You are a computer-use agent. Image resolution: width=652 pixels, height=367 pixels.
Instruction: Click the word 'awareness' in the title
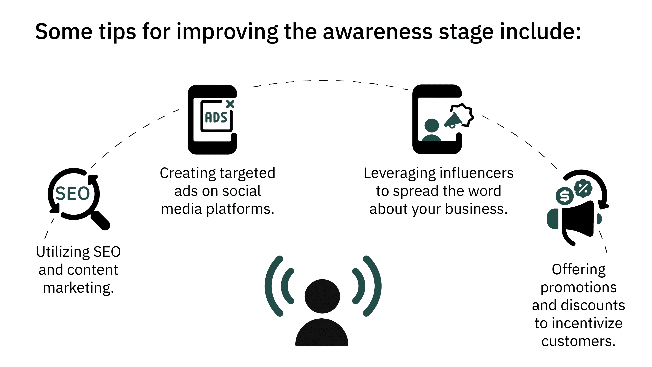point(378,32)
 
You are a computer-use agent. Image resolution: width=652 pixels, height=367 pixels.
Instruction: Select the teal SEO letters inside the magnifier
point(73,194)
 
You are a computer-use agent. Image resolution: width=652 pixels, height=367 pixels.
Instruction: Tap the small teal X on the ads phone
point(230,104)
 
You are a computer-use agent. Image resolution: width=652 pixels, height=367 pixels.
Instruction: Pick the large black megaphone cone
point(578,219)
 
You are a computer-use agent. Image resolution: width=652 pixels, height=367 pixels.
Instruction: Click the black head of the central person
point(322,296)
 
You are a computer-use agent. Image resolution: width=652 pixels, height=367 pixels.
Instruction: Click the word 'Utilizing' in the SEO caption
point(63,252)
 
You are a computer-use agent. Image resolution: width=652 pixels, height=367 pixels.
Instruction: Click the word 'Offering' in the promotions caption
point(579,270)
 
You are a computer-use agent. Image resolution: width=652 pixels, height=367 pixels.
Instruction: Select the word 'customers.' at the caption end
point(578,341)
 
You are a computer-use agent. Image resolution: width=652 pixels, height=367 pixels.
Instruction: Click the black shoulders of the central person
point(322,332)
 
